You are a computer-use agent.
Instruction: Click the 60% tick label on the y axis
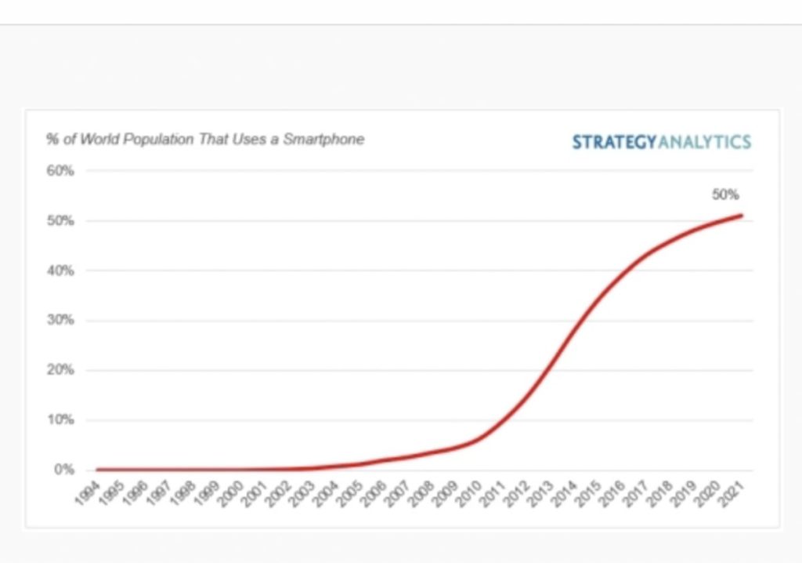tap(60, 171)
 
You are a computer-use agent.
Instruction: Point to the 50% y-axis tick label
tap(60, 221)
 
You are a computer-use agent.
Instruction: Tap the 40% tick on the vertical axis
tap(60, 271)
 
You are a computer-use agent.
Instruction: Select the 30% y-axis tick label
tap(60, 321)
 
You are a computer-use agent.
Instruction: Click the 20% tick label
tap(60, 370)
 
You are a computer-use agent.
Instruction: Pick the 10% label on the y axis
tap(60, 420)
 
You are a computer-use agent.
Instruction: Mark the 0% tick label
tap(63, 470)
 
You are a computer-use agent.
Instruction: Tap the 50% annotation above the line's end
tap(725, 195)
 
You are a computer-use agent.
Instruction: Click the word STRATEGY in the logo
tap(614, 142)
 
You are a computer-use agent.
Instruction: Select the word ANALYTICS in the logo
tap(704, 142)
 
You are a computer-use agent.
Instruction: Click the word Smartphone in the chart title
tap(323, 140)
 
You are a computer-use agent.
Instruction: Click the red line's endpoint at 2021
tap(741, 216)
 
